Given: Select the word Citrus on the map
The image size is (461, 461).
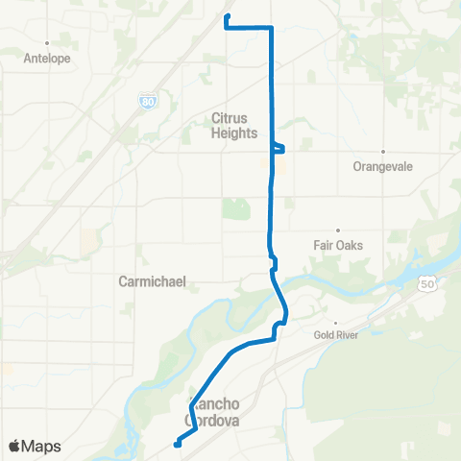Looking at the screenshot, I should tap(230, 118).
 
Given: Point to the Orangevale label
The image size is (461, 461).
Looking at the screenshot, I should tap(382, 166).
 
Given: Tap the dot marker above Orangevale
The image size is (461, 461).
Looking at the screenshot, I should tap(382, 152).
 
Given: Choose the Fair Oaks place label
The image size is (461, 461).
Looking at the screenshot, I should tap(338, 244).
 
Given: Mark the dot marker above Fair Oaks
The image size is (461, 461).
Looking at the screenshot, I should tap(338, 230).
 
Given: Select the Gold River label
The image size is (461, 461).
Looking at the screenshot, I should tap(335, 335).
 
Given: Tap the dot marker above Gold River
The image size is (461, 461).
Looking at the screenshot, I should tap(335, 323).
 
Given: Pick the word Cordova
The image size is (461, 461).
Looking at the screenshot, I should tap(213, 420).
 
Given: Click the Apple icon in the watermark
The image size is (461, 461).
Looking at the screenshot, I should tap(14, 447).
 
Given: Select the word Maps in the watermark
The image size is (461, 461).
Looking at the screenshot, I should tap(42, 447).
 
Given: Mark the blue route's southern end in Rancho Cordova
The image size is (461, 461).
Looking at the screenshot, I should tap(177, 443).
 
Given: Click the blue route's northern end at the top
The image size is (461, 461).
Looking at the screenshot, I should tap(226, 17).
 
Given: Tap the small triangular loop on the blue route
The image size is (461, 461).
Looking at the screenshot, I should tap(279, 147).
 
